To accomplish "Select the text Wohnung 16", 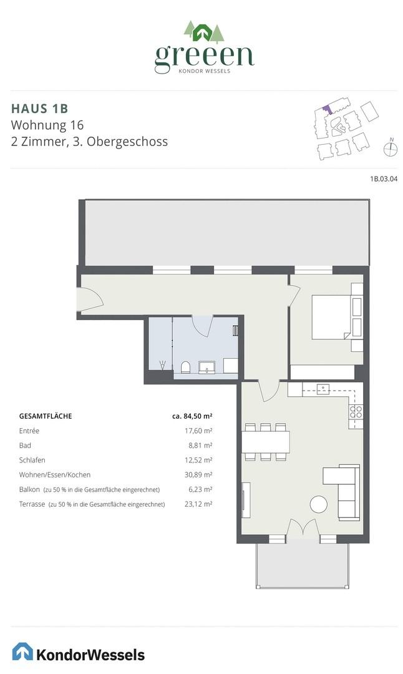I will pyautogui.click(x=47, y=124).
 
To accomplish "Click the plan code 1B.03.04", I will pyautogui.click(x=384, y=179).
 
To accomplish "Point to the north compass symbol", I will pyautogui.click(x=391, y=148).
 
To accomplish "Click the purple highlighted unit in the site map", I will pyautogui.click(x=325, y=108).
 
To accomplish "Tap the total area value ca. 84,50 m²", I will pyautogui.click(x=192, y=416).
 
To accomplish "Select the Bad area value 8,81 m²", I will pyautogui.click(x=201, y=446).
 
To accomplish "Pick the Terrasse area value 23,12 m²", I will pyautogui.click(x=199, y=504).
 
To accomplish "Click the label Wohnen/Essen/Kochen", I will pyautogui.click(x=54, y=475).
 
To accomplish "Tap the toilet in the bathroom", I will pyautogui.click(x=185, y=366).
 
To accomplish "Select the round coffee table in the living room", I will pyautogui.click(x=319, y=504).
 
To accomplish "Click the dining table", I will pyautogui.click(x=266, y=442).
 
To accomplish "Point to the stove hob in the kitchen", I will pyautogui.click(x=356, y=411).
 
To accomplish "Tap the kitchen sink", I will pyautogui.click(x=323, y=389).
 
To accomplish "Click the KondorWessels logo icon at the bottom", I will pyautogui.click(x=23, y=652).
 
